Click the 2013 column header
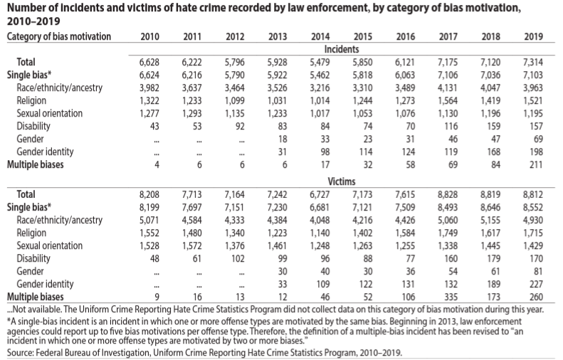point(278,36)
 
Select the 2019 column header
point(532,36)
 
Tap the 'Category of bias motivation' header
point(58,36)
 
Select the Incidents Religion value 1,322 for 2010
point(150,100)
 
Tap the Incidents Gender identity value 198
point(535,152)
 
